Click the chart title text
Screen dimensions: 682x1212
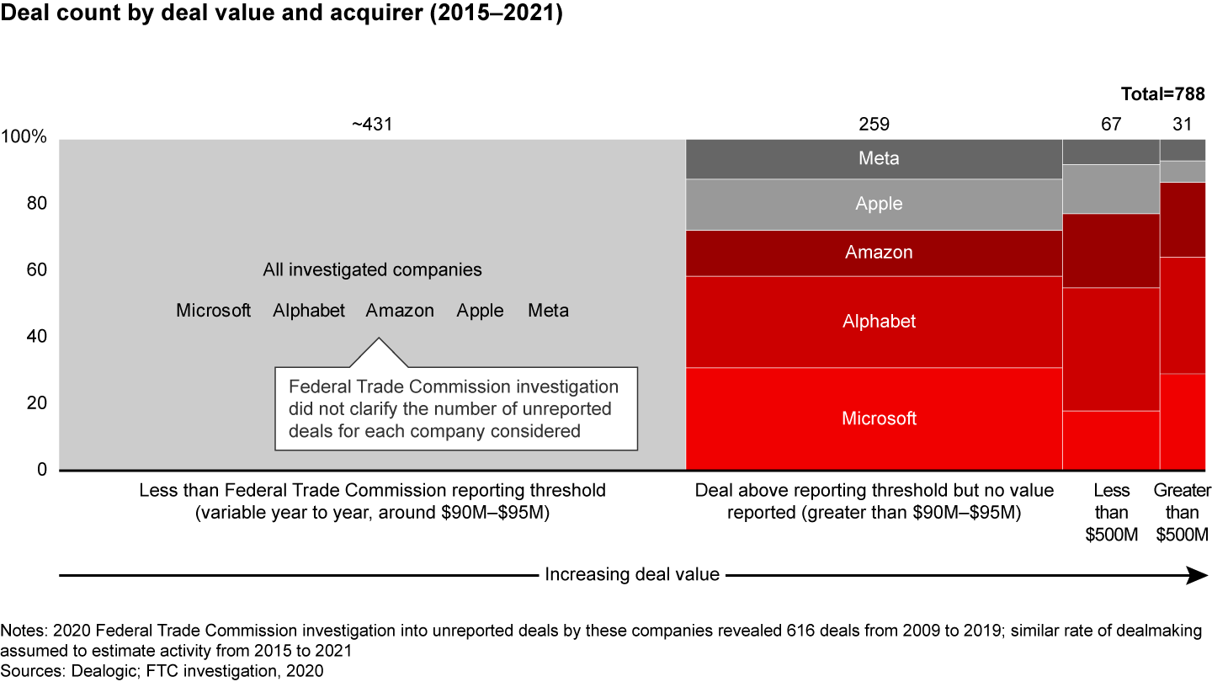(x=281, y=14)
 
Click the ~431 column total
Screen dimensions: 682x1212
(x=372, y=125)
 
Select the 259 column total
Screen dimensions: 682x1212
(x=874, y=125)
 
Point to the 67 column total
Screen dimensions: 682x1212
(x=1111, y=125)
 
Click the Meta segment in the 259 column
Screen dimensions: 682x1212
(x=874, y=158)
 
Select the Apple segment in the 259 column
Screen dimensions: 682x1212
(x=874, y=204)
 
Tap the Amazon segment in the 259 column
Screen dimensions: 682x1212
(x=874, y=253)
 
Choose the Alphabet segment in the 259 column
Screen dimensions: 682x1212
(x=874, y=322)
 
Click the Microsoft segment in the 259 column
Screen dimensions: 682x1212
(x=874, y=418)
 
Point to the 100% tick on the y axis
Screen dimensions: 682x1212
(x=27, y=137)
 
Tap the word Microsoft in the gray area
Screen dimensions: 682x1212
(x=213, y=311)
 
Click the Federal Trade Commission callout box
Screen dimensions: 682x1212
(x=454, y=408)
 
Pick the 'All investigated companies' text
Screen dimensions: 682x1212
(x=372, y=270)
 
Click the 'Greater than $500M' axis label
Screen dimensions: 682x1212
(x=1182, y=513)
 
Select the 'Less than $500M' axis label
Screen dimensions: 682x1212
(x=1111, y=513)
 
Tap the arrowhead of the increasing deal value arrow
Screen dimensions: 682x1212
(x=1197, y=575)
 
